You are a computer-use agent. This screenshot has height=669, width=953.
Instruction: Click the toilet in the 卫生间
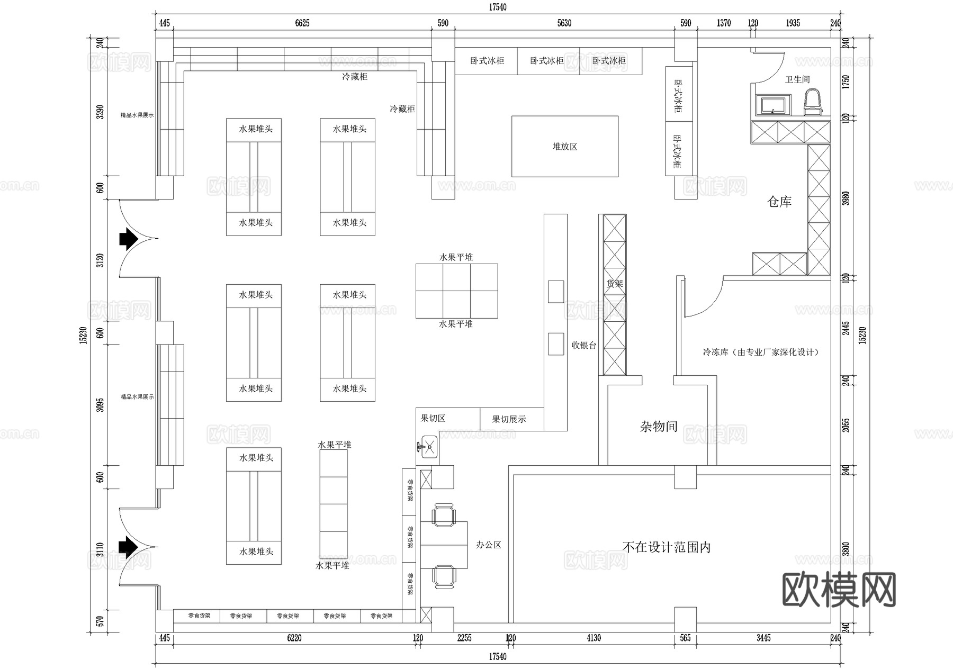pyautogui.click(x=813, y=102)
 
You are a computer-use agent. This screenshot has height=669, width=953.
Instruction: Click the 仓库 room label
pyautogui.click(x=779, y=202)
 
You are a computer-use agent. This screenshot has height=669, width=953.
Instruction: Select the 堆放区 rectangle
pyautogui.click(x=564, y=147)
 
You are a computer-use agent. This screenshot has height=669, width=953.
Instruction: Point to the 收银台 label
pyautogui.click(x=583, y=346)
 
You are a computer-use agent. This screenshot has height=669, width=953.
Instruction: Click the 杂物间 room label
pyautogui.click(x=658, y=427)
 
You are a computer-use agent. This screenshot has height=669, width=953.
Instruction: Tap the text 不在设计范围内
pyautogui.click(x=666, y=547)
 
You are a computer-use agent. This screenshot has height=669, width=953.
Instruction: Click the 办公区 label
pyautogui.click(x=488, y=545)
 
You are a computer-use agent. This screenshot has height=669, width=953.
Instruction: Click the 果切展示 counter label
pyautogui.click(x=509, y=419)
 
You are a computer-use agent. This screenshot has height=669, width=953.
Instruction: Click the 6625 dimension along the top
pyautogui.click(x=302, y=23)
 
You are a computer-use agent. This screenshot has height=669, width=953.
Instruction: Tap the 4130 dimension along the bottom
pyautogui.click(x=594, y=638)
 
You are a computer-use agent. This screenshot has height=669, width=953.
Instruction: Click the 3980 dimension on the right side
pyautogui.click(x=846, y=198)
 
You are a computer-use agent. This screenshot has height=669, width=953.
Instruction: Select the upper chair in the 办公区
pyautogui.click(x=443, y=515)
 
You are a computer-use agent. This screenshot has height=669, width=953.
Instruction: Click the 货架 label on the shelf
pyautogui.click(x=614, y=284)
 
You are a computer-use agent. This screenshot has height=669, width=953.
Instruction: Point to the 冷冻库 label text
pyautogui.click(x=760, y=352)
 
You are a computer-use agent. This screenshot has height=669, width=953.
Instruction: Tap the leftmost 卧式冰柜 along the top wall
pyautogui.click(x=487, y=61)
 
